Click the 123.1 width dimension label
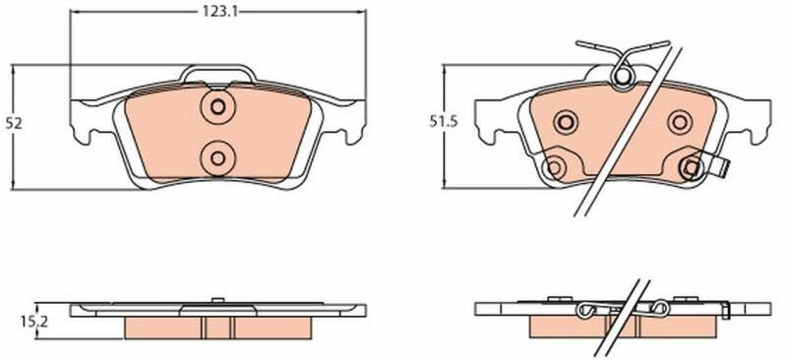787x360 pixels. pyautogui.click(x=219, y=12)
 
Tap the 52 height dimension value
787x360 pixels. pyautogui.click(x=14, y=124)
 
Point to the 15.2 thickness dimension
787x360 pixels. pyautogui.click(x=38, y=323)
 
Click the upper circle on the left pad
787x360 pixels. pyautogui.click(x=217, y=107)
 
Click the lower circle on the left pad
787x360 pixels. pyautogui.click(x=217, y=158)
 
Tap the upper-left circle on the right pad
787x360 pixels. pyautogui.click(x=566, y=122)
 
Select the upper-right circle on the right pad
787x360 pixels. pyautogui.click(x=680, y=122)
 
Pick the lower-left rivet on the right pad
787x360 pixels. pyautogui.click(x=554, y=167)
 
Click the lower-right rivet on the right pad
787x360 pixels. pyautogui.click(x=692, y=168)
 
